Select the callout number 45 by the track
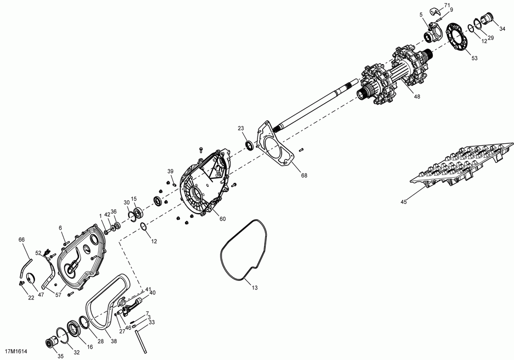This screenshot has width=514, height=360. (x=403, y=202)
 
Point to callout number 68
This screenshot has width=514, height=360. (x=304, y=176)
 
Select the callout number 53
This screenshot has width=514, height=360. (x=474, y=59)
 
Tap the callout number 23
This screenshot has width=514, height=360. (x=241, y=128)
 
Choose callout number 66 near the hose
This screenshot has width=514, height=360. (x=22, y=239)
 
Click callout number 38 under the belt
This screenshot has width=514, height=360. (x=114, y=340)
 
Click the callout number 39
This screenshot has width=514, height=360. (x=170, y=171)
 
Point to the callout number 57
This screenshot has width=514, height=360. (x=59, y=296)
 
